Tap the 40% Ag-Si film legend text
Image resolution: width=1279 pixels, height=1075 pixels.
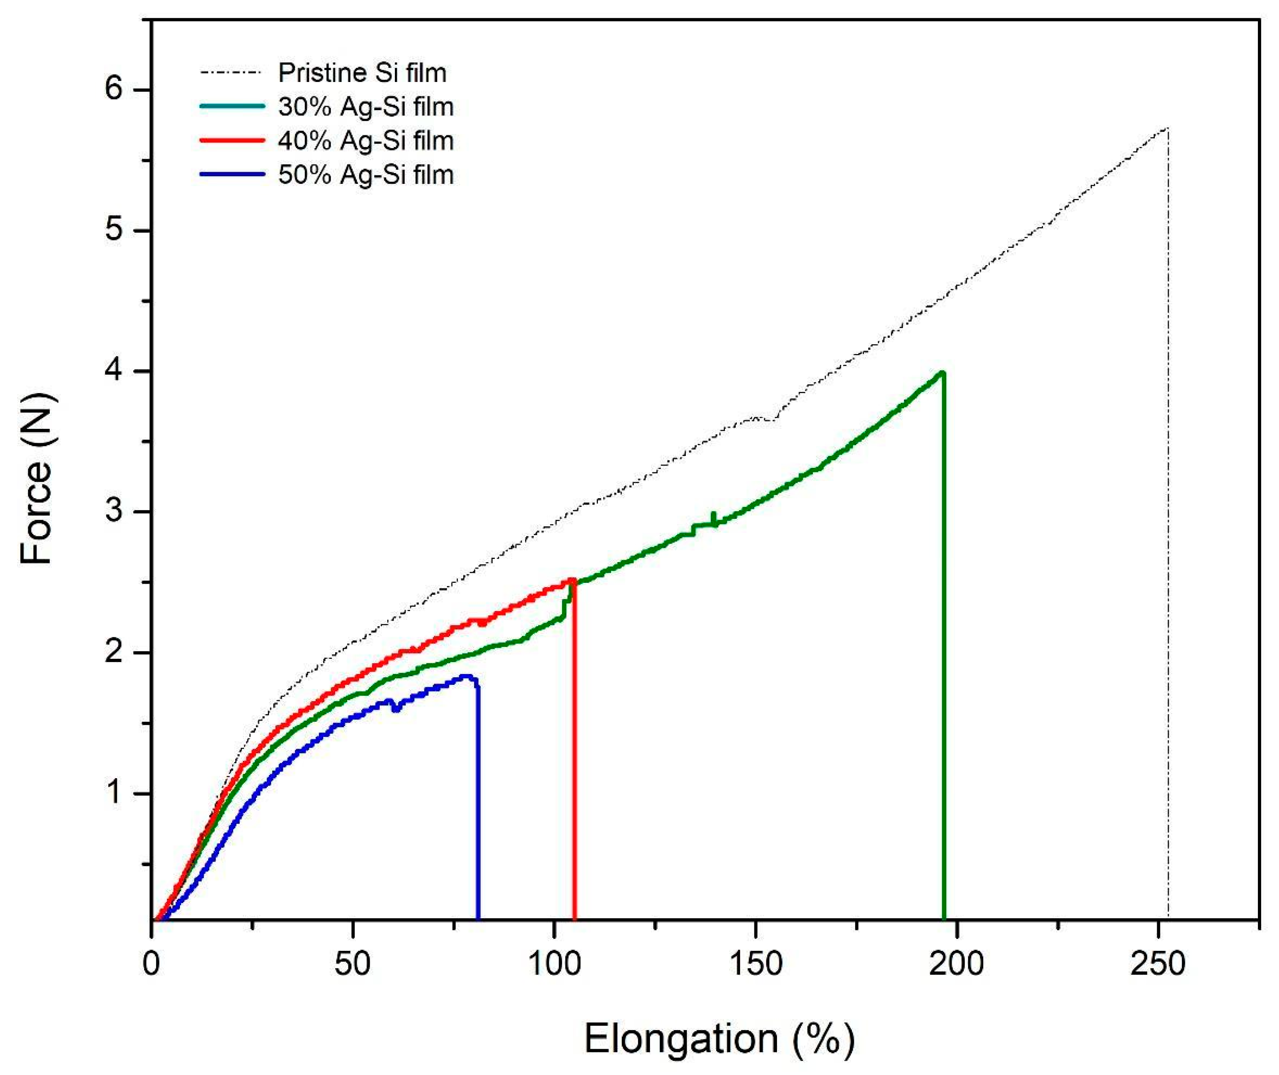coord(366,141)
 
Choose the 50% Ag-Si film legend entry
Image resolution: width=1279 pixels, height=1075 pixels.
coord(366,175)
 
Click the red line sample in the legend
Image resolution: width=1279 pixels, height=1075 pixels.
coord(232,140)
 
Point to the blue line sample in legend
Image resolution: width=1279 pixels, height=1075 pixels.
coord(232,174)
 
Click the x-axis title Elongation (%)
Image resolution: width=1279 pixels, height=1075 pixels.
coord(719,1039)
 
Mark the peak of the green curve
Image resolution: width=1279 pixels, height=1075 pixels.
coord(942,372)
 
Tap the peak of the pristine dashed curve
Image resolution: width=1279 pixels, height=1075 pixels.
coord(1166,129)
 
